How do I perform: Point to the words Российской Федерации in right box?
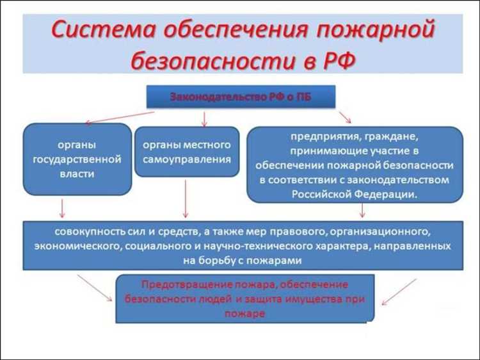[355, 193]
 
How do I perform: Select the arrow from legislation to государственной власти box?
[118, 117]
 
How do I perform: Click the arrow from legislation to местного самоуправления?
[204, 118]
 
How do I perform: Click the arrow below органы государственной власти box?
[62, 208]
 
